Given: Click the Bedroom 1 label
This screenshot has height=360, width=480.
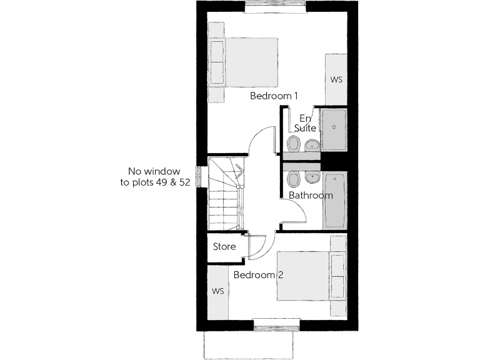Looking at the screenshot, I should click(274, 96).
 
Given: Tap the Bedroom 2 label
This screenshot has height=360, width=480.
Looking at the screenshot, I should click(254, 275).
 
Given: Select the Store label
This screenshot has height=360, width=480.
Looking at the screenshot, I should click(224, 247).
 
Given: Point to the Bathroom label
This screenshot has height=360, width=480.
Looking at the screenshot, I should click(311, 196).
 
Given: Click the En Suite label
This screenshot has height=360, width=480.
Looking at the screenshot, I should click(306, 122).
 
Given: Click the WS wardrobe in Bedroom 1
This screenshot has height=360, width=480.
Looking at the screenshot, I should click(336, 80).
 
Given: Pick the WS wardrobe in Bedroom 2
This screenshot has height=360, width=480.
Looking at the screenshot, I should click(217, 292).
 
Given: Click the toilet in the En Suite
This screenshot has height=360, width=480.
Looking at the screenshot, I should click(294, 146).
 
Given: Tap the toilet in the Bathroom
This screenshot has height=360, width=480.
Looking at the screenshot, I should click(294, 179).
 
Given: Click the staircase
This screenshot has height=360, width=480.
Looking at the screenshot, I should click(225, 194).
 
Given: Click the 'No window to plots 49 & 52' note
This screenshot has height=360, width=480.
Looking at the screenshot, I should click(154, 177).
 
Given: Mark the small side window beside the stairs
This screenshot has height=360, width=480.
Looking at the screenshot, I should click(198, 177).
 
